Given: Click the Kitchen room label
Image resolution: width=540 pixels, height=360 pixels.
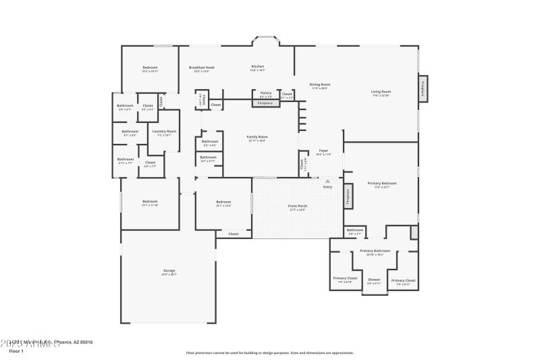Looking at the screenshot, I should pyautogui.click(x=258, y=67).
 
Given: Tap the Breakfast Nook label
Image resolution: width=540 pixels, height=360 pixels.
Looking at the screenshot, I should pyautogui.click(x=202, y=68).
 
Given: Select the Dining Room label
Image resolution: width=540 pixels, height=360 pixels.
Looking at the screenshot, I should pyautogui.click(x=320, y=84).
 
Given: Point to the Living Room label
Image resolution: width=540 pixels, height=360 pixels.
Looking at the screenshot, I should pyautogui.click(x=381, y=92).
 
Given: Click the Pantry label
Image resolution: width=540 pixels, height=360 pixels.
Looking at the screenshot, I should pyautogui.click(x=266, y=93).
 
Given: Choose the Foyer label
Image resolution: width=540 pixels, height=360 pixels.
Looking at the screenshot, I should pyautogui.click(x=323, y=151).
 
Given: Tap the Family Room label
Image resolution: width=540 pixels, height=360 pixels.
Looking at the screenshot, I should pyautogui.click(x=257, y=137).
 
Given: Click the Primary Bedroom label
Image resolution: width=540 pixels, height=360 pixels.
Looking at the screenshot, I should pyautogui.click(x=382, y=183).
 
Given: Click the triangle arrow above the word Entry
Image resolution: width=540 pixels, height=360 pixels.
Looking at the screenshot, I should pyautogui.click(x=328, y=181).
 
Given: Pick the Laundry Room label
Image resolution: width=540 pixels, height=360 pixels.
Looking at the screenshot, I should pyautogui.click(x=164, y=131).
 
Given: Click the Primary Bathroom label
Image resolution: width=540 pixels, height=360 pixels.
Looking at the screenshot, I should pyautogui.click(x=375, y=251).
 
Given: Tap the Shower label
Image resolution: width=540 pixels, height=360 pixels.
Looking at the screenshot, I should pyautogui.click(x=374, y=279).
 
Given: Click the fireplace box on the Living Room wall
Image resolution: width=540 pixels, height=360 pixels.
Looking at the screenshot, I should pyautogui.click(x=423, y=89).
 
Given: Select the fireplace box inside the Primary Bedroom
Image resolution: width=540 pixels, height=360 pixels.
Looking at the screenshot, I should pyautogui.click(x=348, y=195).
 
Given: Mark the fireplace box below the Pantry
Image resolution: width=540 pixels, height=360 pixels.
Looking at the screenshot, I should pyautogui.click(x=266, y=103).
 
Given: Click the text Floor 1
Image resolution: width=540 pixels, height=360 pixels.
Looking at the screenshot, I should pyautogui.click(x=16, y=351).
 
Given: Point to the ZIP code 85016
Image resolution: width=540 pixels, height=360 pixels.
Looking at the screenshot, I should pyautogui.click(x=84, y=342).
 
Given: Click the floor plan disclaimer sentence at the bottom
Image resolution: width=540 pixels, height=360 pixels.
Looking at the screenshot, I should pyautogui.click(x=269, y=353).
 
